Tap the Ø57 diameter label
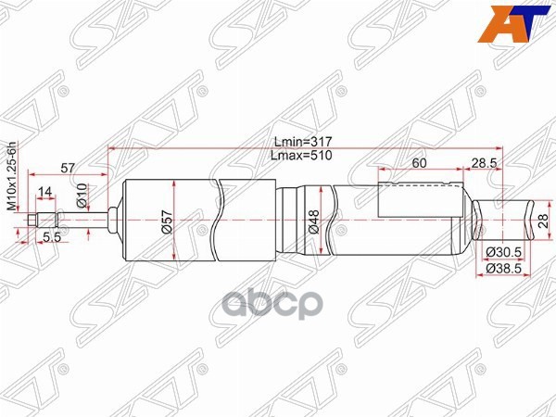(167, 221)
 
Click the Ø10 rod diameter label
(82, 195)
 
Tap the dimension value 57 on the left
(68, 167)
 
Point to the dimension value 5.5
(52, 237)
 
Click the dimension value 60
(419, 163)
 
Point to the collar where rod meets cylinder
(112, 221)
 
